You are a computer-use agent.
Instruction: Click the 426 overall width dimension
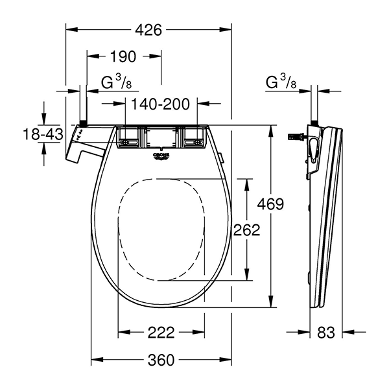pos(148,30)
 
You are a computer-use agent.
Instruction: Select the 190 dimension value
pos(123,56)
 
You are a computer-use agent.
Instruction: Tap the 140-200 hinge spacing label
pos(160,104)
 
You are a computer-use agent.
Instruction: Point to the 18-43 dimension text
pos(43,134)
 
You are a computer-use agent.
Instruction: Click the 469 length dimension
pos(270,204)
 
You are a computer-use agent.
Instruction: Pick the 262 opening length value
pos(247,230)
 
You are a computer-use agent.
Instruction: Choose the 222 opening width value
pos(161,333)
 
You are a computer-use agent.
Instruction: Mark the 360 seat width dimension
pos(161,360)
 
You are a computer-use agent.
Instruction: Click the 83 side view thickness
pos(326,333)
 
